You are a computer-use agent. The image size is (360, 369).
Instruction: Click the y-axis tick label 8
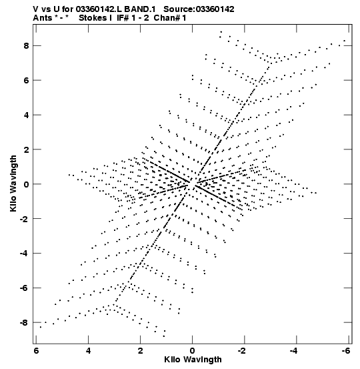coord(26,45)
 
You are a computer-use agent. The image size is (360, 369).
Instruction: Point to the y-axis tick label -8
coord(24,323)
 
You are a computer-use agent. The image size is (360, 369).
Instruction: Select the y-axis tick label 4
coord(26,115)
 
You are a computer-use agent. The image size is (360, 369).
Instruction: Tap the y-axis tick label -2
coord(24,219)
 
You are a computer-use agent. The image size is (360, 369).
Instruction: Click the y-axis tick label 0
coord(26,184)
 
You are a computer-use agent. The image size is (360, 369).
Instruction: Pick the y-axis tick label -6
coord(24,288)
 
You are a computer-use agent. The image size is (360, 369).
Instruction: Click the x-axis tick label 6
coord(36,351)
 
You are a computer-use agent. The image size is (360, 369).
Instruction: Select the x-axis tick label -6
coord(345,351)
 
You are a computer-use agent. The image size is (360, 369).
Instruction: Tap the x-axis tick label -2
coord(241,351)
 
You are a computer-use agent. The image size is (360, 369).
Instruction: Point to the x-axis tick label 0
coord(193,351)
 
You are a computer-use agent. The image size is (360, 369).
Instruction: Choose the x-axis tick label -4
coord(293,351)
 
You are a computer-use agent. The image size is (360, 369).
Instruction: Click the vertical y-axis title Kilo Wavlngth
coord(13,183)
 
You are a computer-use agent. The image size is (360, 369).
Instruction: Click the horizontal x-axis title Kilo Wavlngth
coord(193,360)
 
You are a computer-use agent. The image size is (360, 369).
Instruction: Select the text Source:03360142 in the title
coord(199,9)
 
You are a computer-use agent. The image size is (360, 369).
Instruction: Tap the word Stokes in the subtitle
coord(93,18)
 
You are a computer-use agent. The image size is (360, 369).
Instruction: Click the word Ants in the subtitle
coord(43,18)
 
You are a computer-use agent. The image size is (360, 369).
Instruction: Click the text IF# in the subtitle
coord(123,18)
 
